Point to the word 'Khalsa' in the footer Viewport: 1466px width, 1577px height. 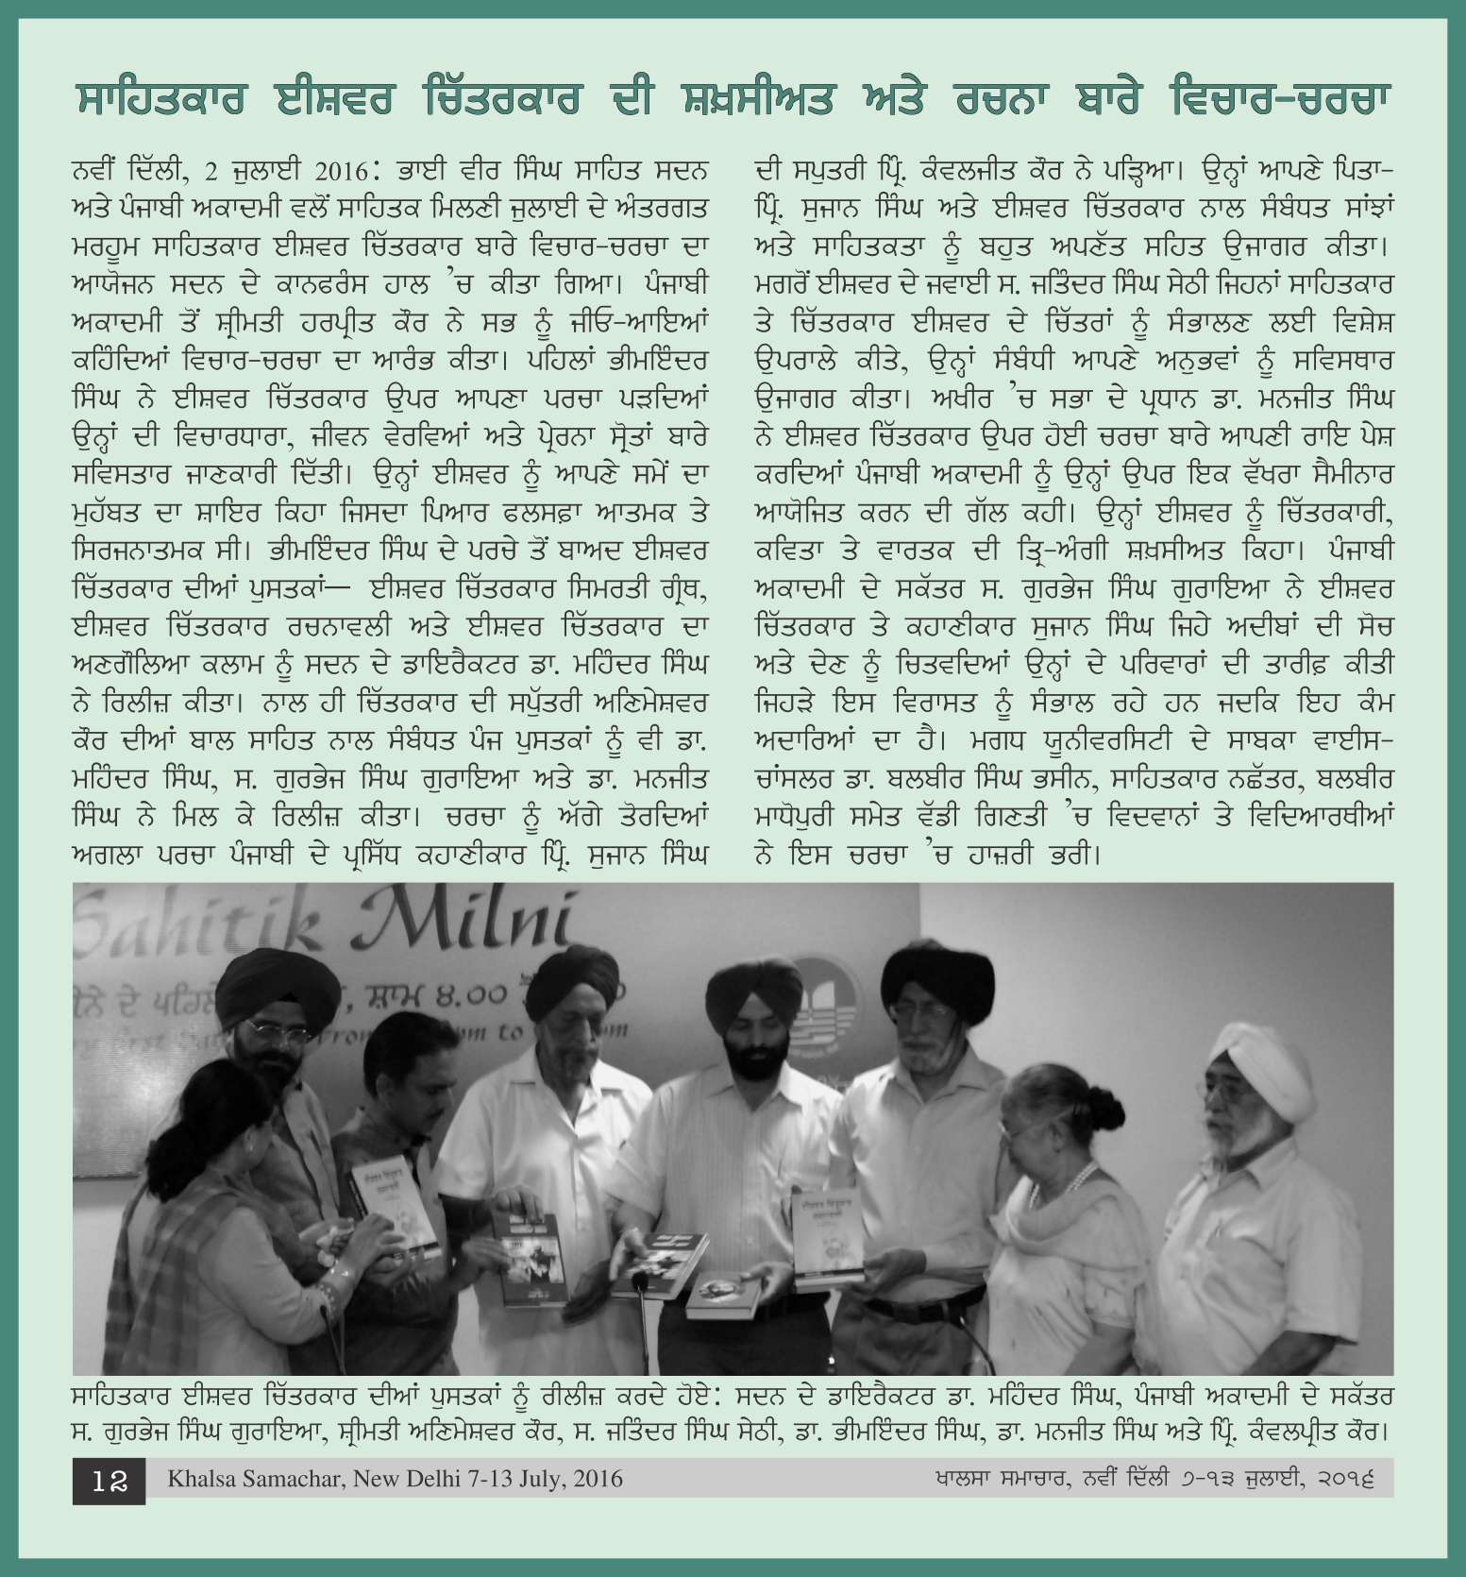[199, 1478]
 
